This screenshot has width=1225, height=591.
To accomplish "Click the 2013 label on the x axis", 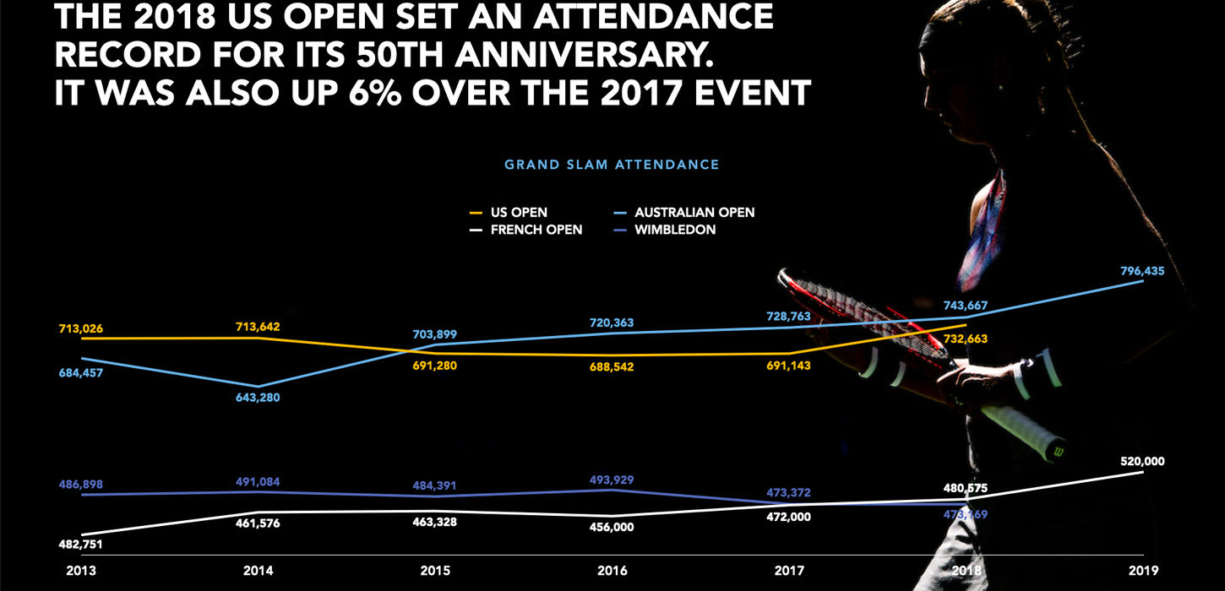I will (81, 571).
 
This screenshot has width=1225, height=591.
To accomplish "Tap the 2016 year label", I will (613, 571).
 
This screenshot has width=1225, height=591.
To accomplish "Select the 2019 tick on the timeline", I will (1146, 571).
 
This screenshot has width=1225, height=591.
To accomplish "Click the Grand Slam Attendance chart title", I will (612, 165).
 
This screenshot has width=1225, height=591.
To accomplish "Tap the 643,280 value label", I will (258, 398).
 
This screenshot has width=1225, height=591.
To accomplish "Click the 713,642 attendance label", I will (258, 327).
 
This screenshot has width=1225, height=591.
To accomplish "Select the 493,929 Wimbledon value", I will (612, 480).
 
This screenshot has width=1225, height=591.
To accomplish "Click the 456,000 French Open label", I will (612, 527).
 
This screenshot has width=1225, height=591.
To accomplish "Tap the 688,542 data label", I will (612, 367).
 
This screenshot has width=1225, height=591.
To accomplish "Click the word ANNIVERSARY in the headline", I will (591, 55).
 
